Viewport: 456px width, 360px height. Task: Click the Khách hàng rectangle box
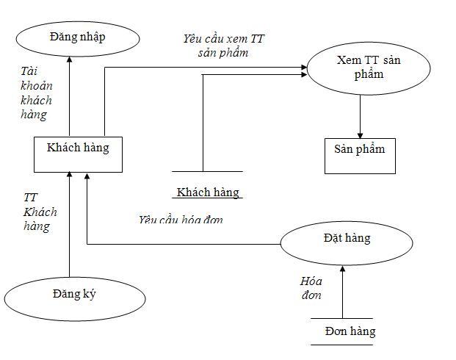[77, 148]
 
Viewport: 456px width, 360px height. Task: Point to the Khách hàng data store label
[208, 192]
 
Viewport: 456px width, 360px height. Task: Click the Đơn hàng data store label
[350, 331]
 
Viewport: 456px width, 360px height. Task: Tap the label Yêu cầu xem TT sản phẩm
[223, 45]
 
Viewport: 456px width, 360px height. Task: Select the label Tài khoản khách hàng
[37, 93]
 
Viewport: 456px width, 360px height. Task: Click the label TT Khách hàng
[40, 212]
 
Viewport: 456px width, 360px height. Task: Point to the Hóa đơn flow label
[311, 288]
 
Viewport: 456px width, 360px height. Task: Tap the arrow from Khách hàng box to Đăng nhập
[69, 98]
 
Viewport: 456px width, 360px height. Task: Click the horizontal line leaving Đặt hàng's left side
[184, 244]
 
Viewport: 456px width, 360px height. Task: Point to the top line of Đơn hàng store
[342, 319]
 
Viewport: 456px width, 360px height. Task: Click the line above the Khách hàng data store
[207, 173]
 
